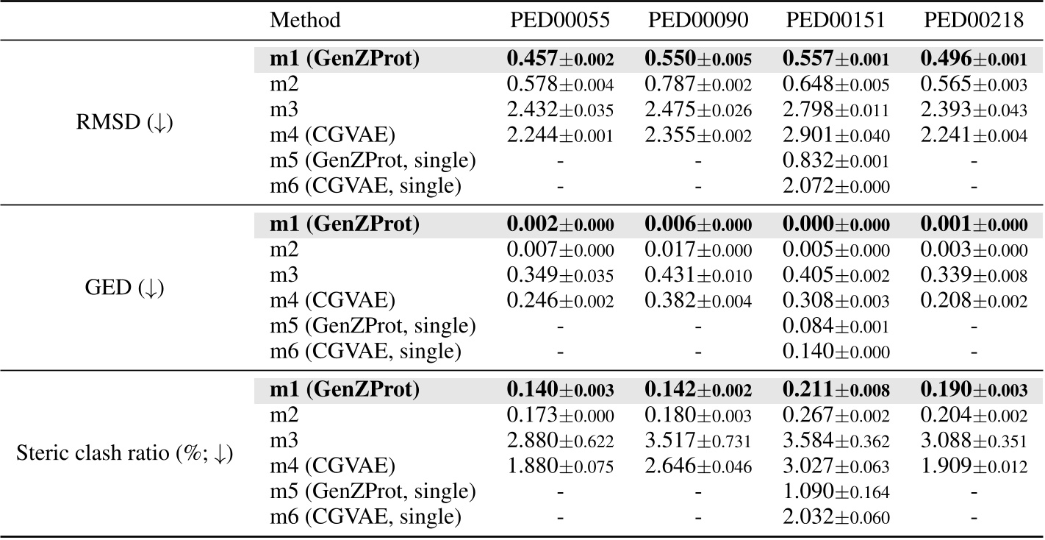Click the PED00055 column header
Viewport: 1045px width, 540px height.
point(560,21)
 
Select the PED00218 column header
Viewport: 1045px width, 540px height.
point(974,21)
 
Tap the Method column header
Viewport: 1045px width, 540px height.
point(305,21)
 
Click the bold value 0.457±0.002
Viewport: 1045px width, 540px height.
point(560,60)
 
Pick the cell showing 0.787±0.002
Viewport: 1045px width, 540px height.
point(698,85)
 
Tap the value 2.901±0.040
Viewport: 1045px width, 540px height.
point(836,136)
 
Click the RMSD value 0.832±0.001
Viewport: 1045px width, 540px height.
point(836,161)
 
